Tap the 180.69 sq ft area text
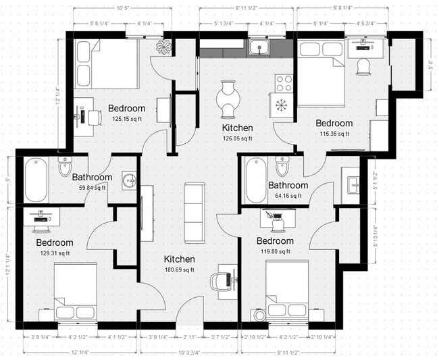(179, 270)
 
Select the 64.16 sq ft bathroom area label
(288, 196)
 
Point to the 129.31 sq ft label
(55, 253)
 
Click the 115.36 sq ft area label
(334, 134)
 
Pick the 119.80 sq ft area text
(274, 251)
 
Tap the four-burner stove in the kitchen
(284, 83)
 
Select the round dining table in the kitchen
(228, 99)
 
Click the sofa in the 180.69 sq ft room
(195, 212)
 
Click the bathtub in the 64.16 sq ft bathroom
(256, 181)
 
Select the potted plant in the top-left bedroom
(163, 47)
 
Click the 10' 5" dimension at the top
(122, 9)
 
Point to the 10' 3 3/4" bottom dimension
(189, 352)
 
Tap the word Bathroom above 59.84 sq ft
(92, 178)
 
